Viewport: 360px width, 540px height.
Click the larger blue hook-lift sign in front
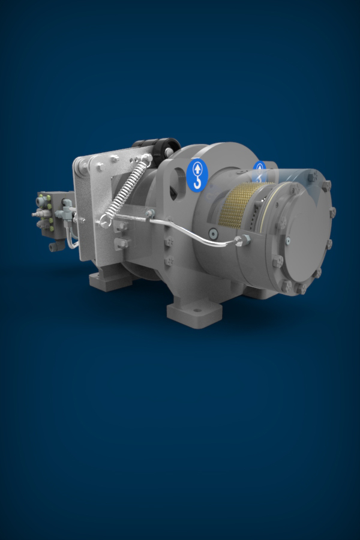pyautogui.click(x=197, y=175)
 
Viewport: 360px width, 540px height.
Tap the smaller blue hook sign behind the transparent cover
pyautogui.click(x=259, y=170)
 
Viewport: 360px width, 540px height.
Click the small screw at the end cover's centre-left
pyautogui.click(x=288, y=241)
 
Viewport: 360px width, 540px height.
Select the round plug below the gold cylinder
pyautogui.click(x=212, y=233)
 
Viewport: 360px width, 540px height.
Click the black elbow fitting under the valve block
pyautogui.click(x=54, y=246)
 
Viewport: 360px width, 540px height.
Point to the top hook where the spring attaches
pyautogui.click(x=146, y=160)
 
